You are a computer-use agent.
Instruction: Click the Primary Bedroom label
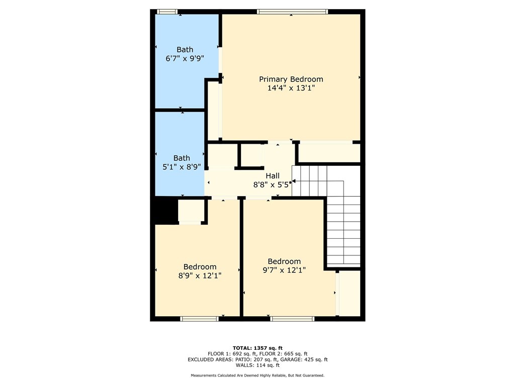tap(291, 79)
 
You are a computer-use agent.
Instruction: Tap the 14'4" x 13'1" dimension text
tap(291, 88)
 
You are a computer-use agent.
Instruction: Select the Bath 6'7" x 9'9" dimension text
tap(185, 59)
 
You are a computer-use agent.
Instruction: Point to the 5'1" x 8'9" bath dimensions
tap(182, 167)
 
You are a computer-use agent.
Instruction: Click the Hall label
tap(273, 176)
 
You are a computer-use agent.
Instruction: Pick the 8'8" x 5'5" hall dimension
tap(272, 185)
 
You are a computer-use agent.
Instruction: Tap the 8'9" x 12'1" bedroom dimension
tap(200, 276)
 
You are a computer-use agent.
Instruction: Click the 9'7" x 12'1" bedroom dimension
tap(284, 270)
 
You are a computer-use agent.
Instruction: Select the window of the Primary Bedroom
tap(292, 12)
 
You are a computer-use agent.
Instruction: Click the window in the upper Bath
tap(167, 12)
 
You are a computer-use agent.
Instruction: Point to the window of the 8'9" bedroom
tap(199, 319)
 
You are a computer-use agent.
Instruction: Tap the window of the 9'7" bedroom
tap(292, 319)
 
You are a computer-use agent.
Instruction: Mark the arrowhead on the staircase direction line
tap(294, 181)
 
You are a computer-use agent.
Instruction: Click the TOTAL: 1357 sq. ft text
tap(257, 348)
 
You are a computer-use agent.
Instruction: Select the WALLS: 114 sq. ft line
tap(257, 365)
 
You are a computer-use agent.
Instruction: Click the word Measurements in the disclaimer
tap(204, 375)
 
